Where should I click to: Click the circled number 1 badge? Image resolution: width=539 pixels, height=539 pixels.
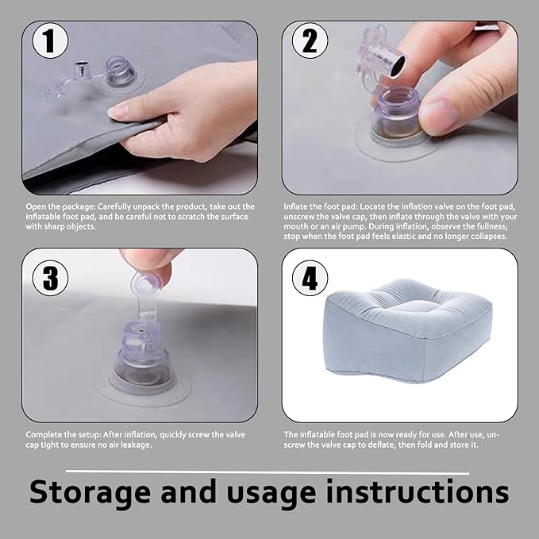tap(50, 41)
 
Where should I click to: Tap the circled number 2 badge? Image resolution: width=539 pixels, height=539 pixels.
tap(310, 41)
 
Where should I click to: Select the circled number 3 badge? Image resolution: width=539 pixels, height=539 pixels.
tap(50, 278)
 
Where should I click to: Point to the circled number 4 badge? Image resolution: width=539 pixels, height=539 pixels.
tap(310, 278)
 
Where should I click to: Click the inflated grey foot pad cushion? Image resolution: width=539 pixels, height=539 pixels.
tap(407, 332)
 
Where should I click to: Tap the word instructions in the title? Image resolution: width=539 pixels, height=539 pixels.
tap(418, 491)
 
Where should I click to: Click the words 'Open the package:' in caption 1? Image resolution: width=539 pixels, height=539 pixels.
tap(60, 206)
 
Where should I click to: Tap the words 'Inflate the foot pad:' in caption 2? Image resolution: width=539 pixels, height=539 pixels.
tap(321, 206)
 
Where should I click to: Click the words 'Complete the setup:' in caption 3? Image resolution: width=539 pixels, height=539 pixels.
tap(64, 435)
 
